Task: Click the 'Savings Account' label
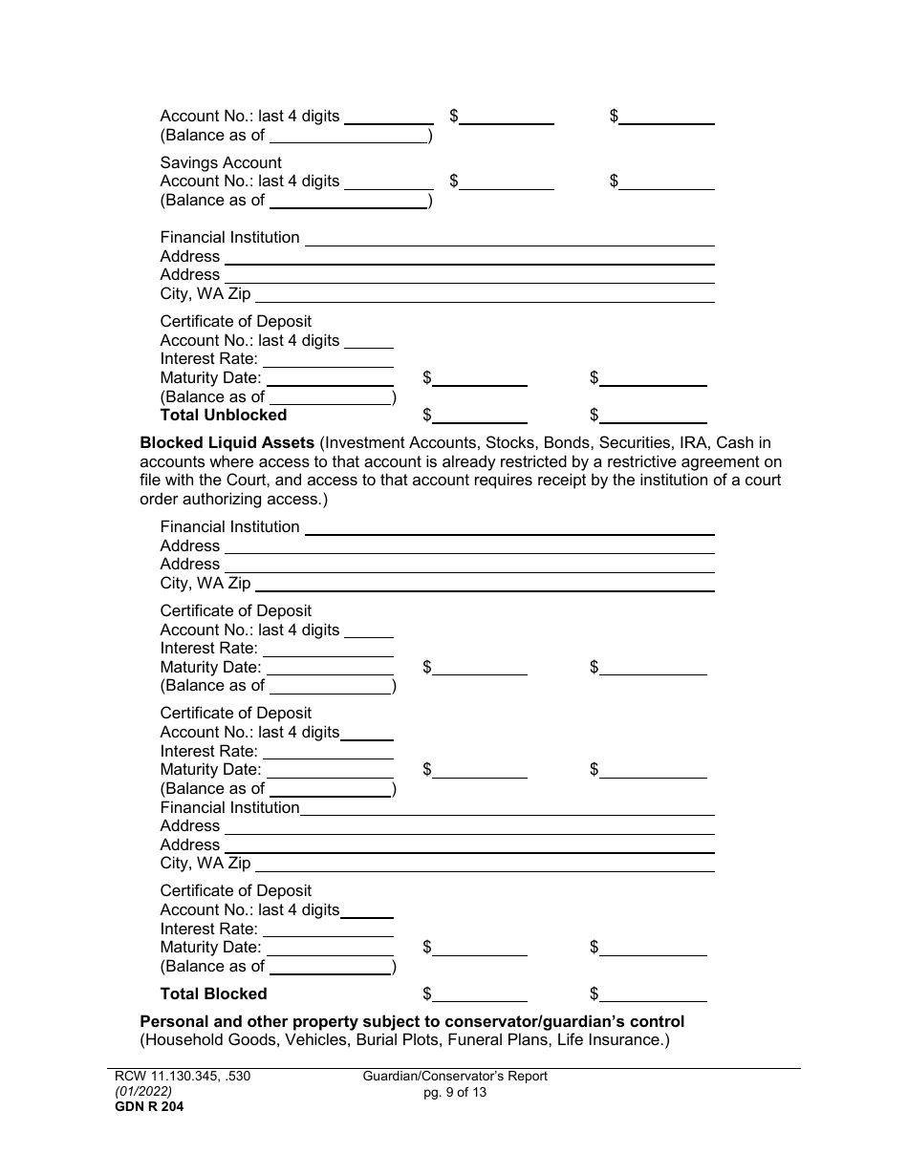pyautogui.click(x=221, y=162)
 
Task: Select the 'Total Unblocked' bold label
pyautogui.click(x=223, y=415)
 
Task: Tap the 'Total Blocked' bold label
pyautogui.click(x=213, y=993)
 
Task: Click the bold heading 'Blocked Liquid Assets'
pyautogui.click(x=227, y=442)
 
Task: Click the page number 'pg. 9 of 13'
pyautogui.click(x=455, y=1092)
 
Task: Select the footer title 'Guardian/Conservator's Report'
pyautogui.click(x=455, y=1076)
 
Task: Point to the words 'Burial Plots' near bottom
pyautogui.click(x=413, y=1039)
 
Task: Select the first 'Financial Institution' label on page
pyautogui.click(x=229, y=237)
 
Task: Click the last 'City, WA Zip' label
pyautogui.click(x=205, y=863)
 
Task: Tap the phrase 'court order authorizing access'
pyautogui.click(x=231, y=499)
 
